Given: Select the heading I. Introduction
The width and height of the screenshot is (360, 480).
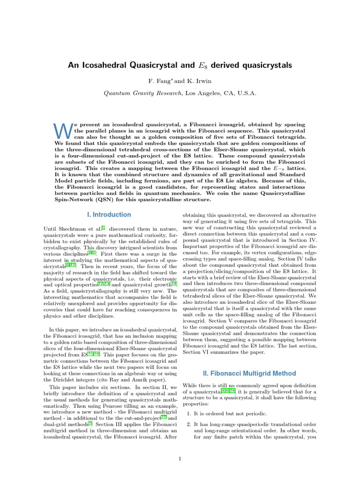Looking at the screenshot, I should click(110, 215).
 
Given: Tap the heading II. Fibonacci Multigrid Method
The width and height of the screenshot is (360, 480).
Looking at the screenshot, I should click(249, 373).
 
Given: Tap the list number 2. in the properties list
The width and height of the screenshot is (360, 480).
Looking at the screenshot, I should click(189, 424).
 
